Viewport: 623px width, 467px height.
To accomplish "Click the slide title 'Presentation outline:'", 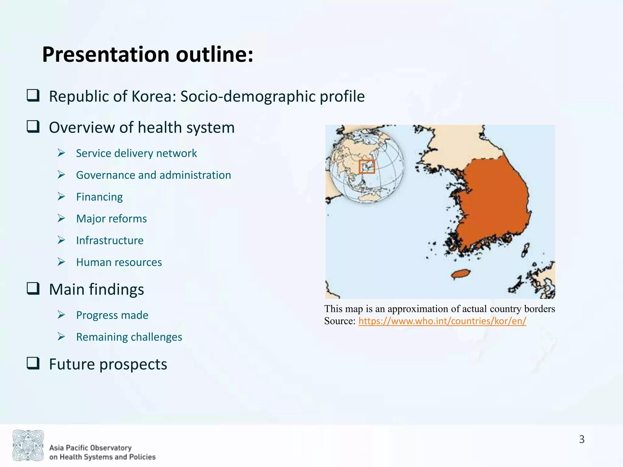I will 148,55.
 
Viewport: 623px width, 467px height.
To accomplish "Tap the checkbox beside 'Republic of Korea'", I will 33,95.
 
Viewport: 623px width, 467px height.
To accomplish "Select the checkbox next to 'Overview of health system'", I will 33,126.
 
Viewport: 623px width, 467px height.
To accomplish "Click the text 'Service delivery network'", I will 136,153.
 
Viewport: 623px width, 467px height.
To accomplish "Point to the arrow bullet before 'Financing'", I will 61,197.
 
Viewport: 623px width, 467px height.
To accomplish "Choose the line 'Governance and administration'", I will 153,175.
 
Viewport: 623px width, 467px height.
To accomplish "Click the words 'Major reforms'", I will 111,219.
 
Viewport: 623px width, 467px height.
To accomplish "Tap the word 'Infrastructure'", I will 110,240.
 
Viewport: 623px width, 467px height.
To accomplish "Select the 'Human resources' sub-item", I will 119,262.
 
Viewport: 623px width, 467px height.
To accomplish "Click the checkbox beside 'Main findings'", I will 33,289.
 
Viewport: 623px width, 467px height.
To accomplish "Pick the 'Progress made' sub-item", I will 112,315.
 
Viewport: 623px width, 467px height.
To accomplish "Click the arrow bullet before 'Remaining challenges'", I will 61,337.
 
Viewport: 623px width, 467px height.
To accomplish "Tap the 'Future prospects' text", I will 108,364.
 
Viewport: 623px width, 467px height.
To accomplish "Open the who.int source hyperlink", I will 442,321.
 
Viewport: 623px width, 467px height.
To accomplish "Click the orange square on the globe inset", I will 367,167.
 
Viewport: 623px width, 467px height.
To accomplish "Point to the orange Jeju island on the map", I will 460,274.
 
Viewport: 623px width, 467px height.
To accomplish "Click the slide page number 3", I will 582,439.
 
